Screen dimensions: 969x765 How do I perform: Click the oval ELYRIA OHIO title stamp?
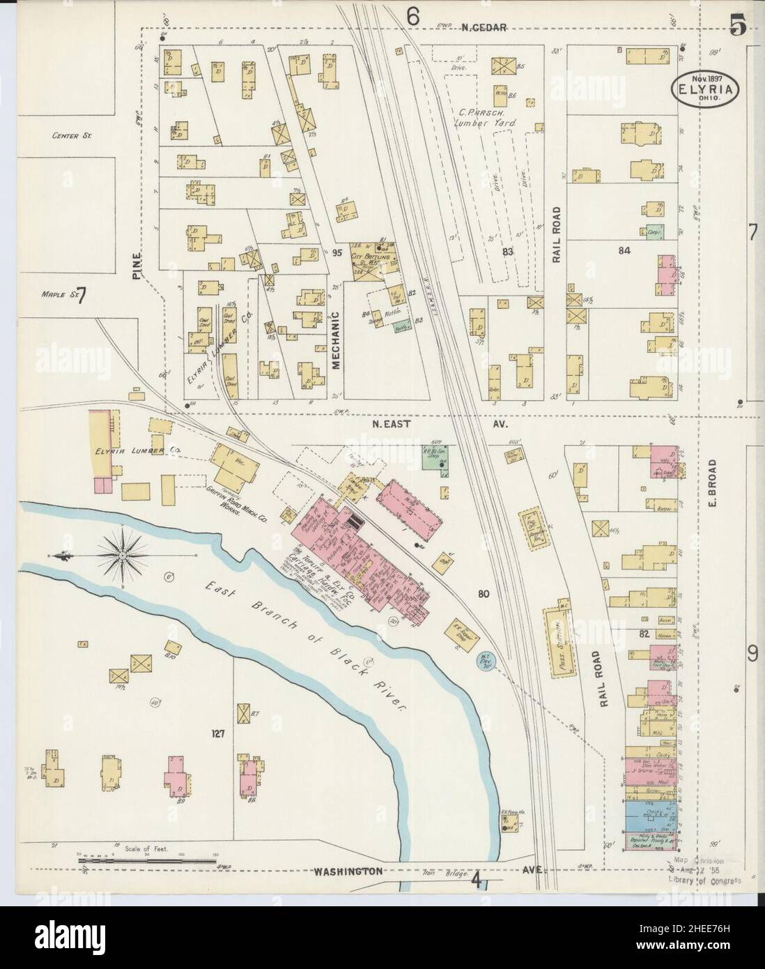point(706,90)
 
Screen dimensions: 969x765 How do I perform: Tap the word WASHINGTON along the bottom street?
point(348,871)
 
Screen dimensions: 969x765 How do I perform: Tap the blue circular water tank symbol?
point(485,661)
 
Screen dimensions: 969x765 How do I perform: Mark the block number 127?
point(219,733)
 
